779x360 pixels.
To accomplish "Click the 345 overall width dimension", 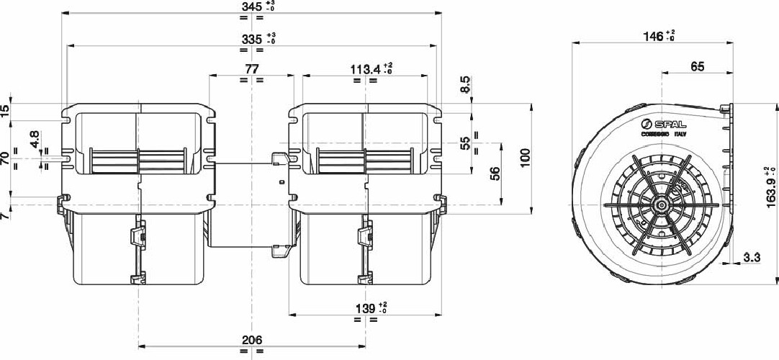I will (251, 8).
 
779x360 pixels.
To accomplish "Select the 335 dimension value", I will (251, 39).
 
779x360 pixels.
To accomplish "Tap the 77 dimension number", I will (251, 69).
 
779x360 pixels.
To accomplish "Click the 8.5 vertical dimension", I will (466, 86).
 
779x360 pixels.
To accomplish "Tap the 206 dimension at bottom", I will (251, 340).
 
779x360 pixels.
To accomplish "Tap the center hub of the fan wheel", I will (660, 205).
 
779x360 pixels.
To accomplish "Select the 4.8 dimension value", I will (35, 140).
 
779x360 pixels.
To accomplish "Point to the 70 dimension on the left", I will (6, 159).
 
